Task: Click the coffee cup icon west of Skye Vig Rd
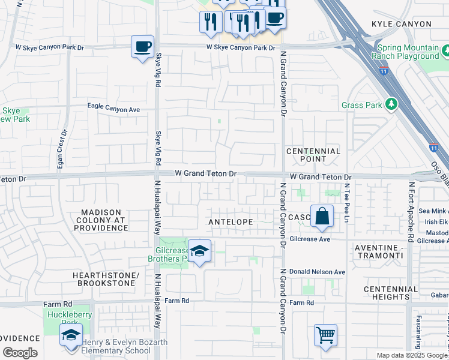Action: pyautogui.click(x=142, y=47)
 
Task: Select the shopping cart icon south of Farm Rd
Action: pyautogui.click(x=325, y=335)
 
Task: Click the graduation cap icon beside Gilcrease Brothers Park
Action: pyautogui.click(x=199, y=251)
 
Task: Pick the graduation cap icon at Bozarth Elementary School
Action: pyautogui.click(x=71, y=335)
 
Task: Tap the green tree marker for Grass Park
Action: pyautogui.click(x=391, y=104)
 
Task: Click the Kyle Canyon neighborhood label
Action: pyautogui.click(x=401, y=24)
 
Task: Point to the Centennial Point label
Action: pyautogui.click(x=313, y=155)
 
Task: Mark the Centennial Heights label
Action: pyautogui.click(x=391, y=293)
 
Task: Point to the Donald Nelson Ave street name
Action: pyautogui.click(x=317, y=272)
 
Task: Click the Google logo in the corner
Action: pyautogui.click(x=20, y=353)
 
